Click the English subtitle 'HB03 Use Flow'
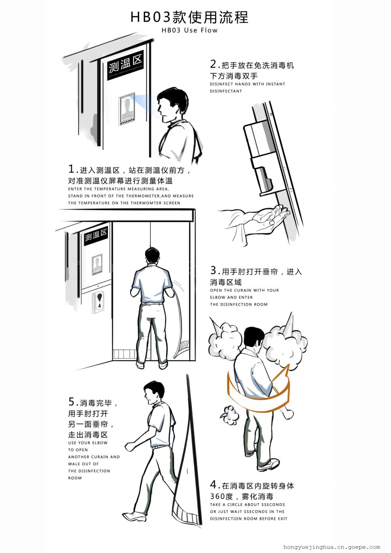pyautogui.click(x=189, y=30)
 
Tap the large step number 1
pyautogui.click(x=71, y=169)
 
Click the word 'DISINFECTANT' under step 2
pyautogui.click(x=226, y=91)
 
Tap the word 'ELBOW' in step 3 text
pyautogui.click(x=219, y=297)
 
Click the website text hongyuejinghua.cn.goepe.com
pyautogui.click(x=332, y=547)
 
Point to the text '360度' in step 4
pyautogui.click(x=222, y=496)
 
